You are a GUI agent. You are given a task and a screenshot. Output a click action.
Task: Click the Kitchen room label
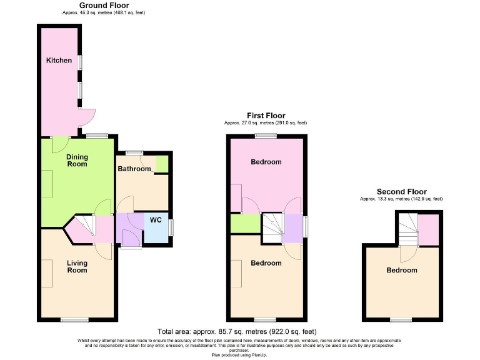[x=59, y=61]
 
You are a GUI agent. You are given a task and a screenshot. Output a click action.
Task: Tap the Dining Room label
[x=77, y=161]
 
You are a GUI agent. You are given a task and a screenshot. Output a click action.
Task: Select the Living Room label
[x=77, y=267]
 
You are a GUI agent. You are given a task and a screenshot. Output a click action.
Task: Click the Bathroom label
[x=134, y=169]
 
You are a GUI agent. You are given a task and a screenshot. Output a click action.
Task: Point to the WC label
[x=155, y=220]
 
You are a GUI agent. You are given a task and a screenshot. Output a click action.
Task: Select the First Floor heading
[x=266, y=116]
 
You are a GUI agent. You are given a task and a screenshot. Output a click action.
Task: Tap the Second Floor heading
[x=401, y=192]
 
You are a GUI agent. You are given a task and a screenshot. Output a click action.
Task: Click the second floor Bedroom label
[x=401, y=270]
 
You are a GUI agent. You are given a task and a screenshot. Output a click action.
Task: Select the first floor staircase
[x=272, y=227]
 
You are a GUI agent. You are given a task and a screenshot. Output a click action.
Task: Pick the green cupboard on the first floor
[x=245, y=224]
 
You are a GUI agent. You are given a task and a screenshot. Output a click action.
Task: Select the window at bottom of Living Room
[x=71, y=320]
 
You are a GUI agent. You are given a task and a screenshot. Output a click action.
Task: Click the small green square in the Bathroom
[x=162, y=164]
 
